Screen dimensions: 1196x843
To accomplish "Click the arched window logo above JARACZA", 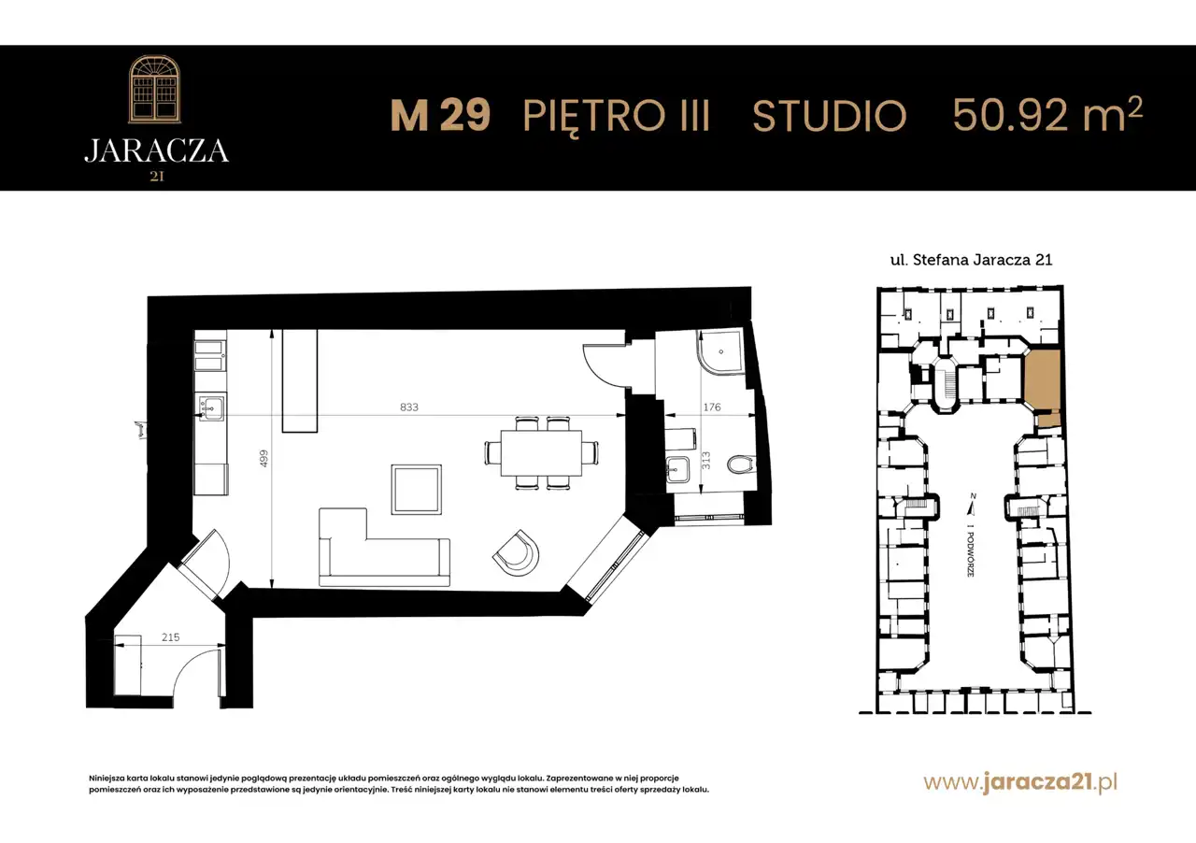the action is pos(155,89).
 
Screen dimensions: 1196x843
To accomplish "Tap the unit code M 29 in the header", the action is pos(440,115).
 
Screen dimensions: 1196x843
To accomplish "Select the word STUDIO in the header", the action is pos(829,115).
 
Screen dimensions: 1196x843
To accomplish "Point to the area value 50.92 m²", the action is pos(1047,114).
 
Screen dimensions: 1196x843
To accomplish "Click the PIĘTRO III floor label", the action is pos(616,117).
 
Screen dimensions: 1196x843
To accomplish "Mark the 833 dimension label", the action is pos(409,407).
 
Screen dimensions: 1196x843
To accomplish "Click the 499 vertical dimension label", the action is pos(263,459).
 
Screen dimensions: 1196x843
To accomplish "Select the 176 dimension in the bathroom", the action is pos(712,407).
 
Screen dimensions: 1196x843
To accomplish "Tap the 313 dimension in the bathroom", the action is pos(705,461).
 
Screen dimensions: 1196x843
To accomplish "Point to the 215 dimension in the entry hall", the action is pos(170,637).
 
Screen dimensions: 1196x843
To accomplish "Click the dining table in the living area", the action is pos(541,453).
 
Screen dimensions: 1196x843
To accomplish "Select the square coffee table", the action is pos(417,490).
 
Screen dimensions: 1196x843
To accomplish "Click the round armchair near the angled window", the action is pos(516,553).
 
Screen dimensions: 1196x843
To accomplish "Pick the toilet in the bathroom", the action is pos(741,464).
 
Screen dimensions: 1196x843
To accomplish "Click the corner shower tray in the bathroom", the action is pos(719,351).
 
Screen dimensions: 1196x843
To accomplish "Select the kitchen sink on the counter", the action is pos(212,408).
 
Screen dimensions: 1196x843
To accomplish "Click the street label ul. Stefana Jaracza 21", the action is pos(971,260).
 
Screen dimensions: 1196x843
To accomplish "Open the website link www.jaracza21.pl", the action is pos(1020,782).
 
